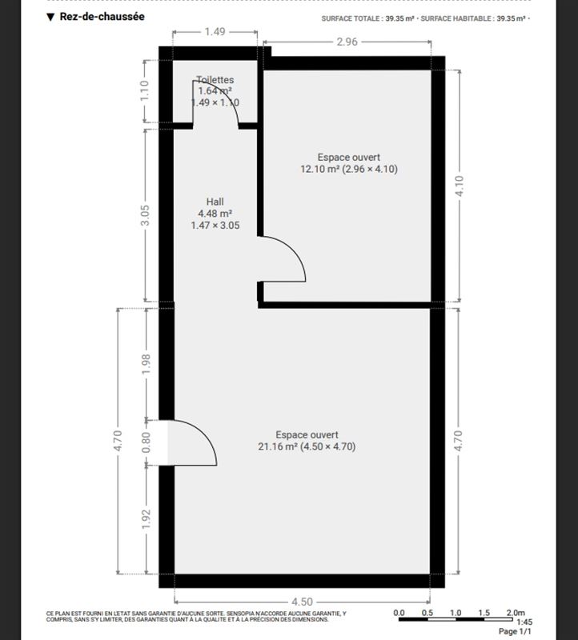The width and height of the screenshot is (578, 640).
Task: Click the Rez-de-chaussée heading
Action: [x=102, y=17]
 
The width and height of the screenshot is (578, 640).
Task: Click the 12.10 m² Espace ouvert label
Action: [x=349, y=163]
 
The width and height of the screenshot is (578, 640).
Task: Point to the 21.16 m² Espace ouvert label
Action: [x=307, y=441]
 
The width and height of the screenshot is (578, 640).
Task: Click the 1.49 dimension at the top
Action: [x=215, y=32]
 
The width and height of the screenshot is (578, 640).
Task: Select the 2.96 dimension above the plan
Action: [x=347, y=42]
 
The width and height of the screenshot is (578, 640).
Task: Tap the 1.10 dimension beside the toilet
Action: [x=145, y=91]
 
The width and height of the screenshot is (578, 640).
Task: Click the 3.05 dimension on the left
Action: [x=145, y=215]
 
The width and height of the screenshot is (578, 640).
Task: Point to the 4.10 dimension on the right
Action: [x=460, y=186]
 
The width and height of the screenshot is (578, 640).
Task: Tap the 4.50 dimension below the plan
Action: [x=302, y=602]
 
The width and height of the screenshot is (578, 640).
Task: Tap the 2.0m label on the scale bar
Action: [x=516, y=613]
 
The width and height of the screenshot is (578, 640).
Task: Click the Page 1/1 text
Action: [x=515, y=631]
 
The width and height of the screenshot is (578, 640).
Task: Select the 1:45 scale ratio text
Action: [x=524, y=622]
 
